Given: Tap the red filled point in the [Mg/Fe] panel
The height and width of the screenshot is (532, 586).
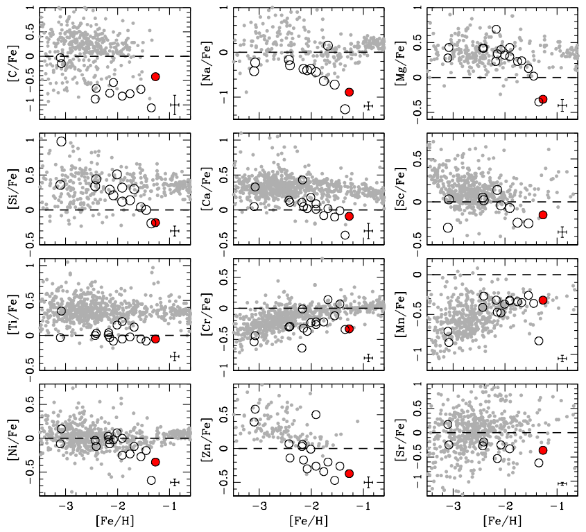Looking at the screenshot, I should tap(543, 99).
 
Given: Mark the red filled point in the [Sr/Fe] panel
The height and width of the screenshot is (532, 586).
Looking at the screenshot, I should tap(543, 450).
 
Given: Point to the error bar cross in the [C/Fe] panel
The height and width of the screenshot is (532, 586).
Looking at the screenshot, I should tap(175, 105).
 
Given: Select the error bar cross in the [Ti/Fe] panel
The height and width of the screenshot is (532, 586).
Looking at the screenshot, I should tap(175, 356).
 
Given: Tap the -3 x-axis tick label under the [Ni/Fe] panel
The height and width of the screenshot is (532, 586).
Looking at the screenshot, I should tap(66, 508).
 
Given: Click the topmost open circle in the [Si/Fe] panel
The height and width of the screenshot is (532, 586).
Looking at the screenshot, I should tap(60, 141).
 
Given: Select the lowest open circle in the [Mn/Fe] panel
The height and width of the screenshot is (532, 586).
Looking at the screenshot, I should tap(538, 341).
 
